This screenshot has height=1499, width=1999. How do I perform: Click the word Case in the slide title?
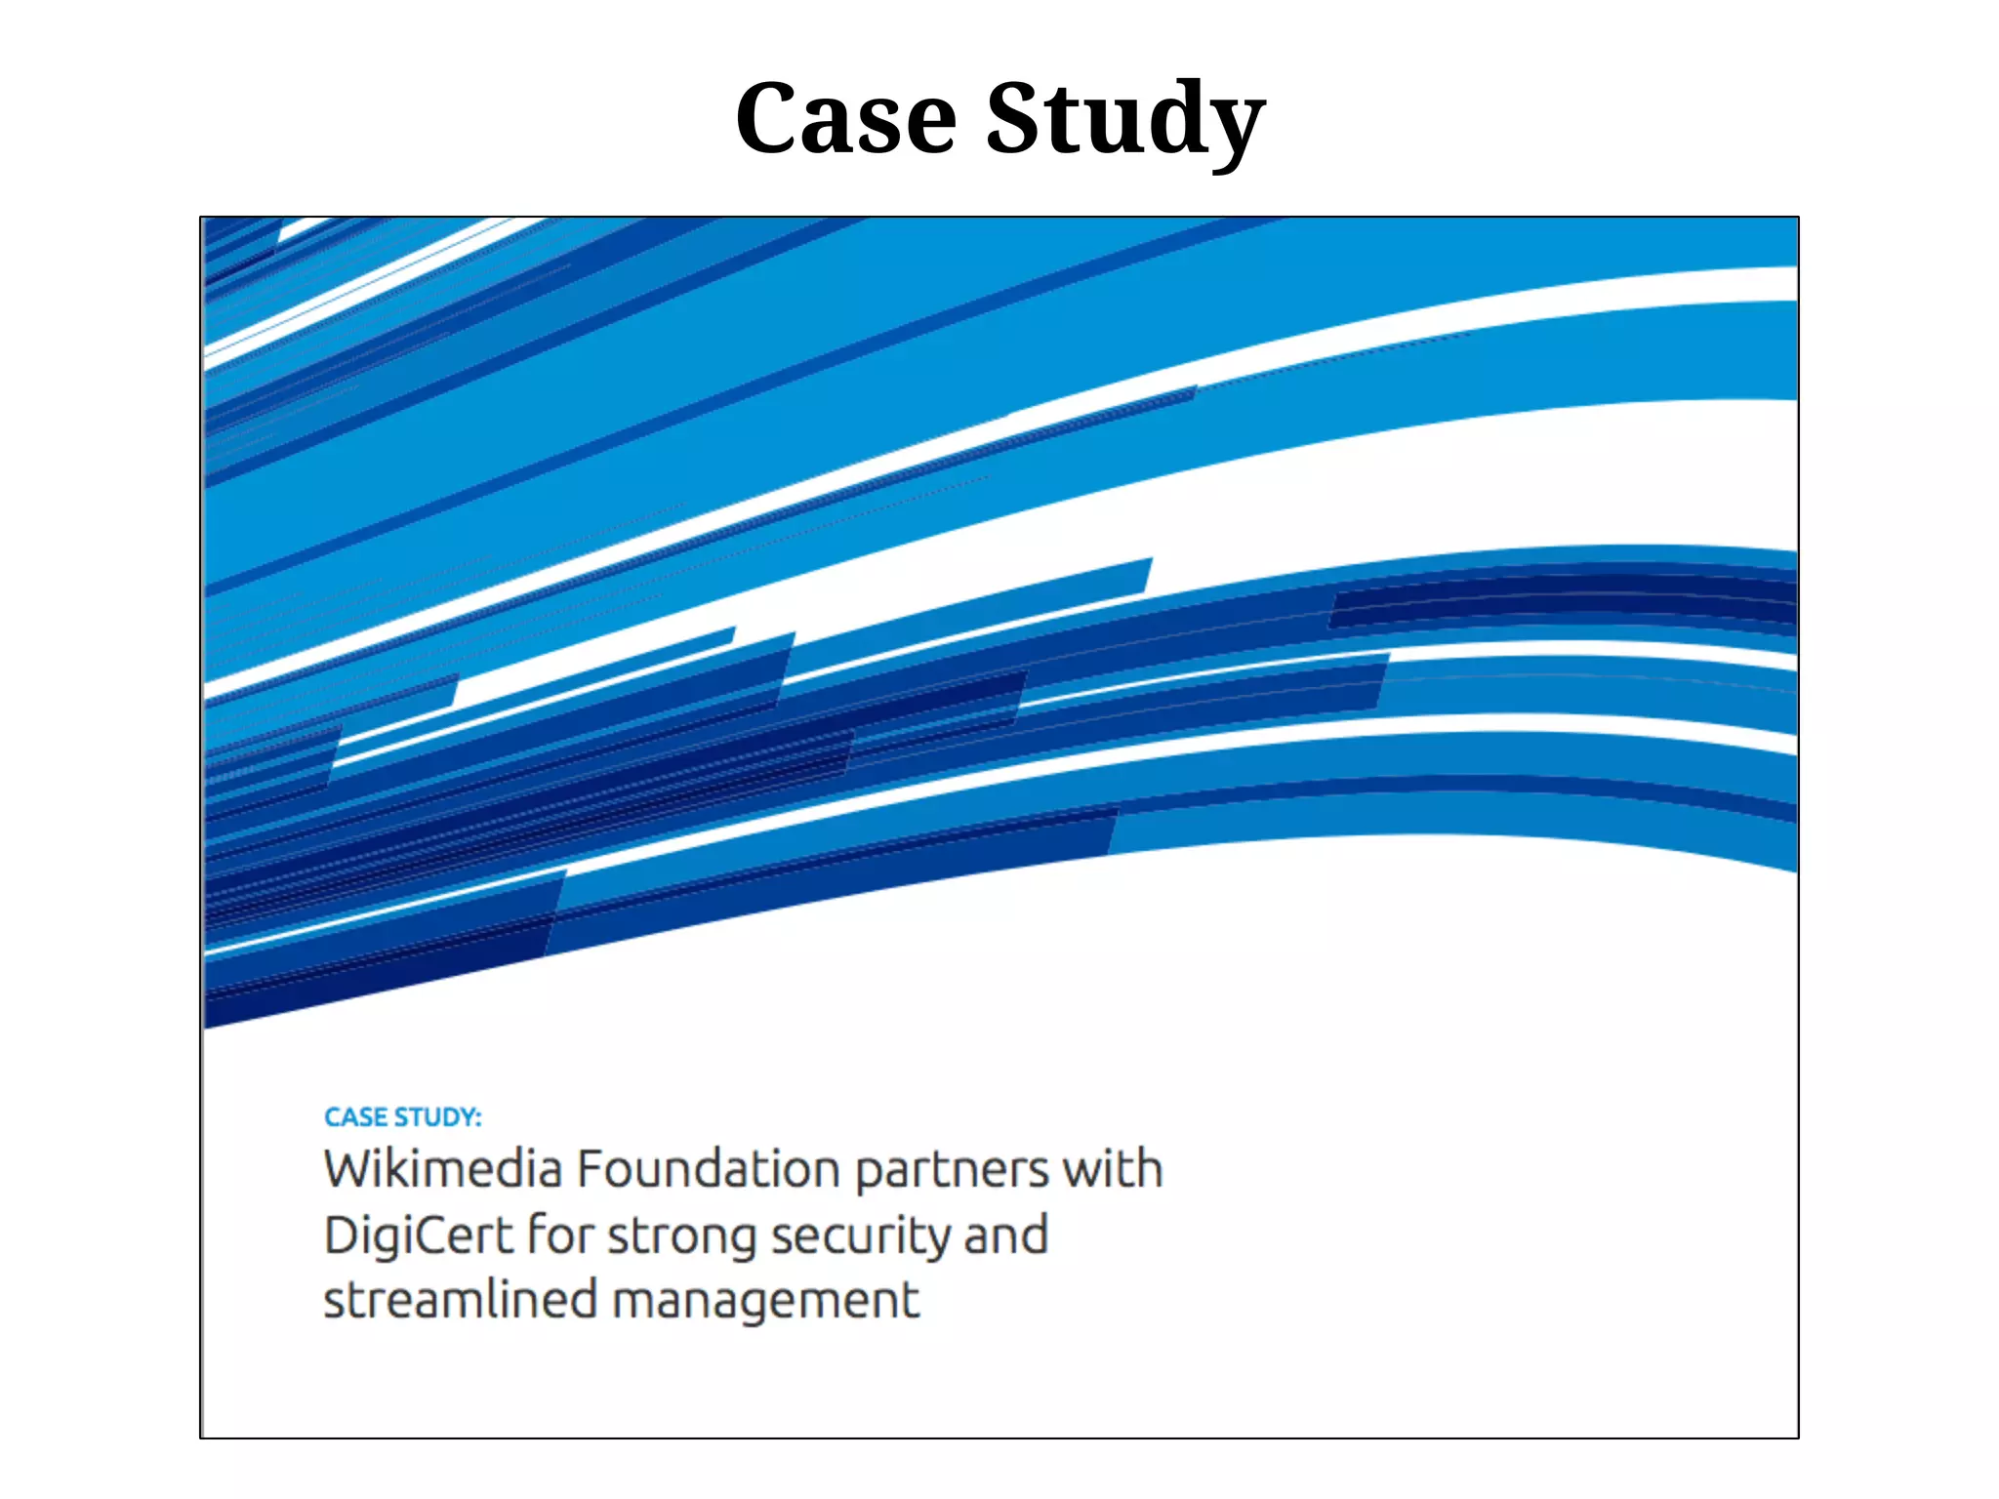(845, 118)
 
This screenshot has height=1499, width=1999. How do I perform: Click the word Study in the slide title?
(1125, 118)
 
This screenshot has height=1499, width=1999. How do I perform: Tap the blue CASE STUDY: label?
(402, 1117)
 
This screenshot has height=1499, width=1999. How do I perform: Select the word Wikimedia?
(443, 1169)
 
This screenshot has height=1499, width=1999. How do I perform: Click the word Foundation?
(708, 1169)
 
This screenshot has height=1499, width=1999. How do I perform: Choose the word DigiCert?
(418, 1236)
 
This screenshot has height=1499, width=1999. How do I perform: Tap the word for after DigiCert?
(560, 1235)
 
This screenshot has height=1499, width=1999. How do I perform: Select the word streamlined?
(460, 1301)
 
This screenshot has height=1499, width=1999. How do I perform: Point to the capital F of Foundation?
(590, 1169)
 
